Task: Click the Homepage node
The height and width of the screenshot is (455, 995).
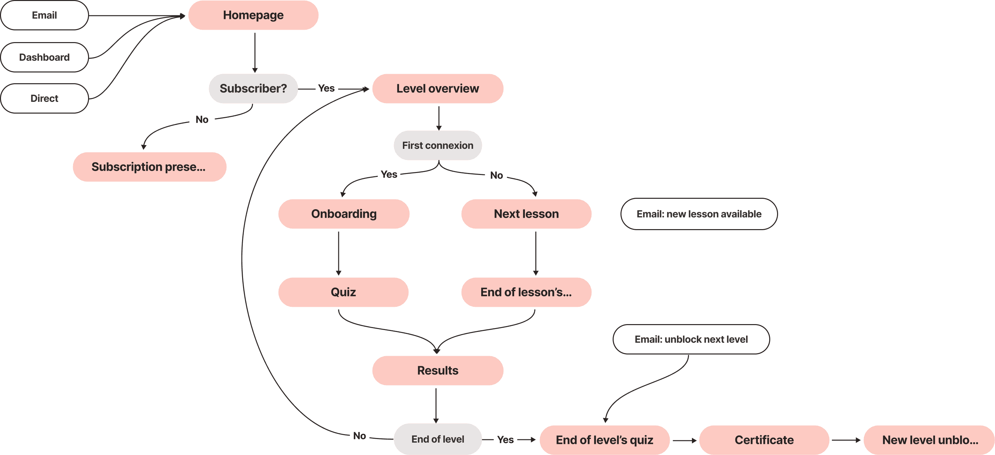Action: (x=253, y=15)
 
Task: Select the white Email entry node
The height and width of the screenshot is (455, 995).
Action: (x=44, y=15)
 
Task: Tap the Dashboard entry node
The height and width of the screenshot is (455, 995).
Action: (x=44, y=57)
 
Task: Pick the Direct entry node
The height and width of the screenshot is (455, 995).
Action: (x=44, y=98)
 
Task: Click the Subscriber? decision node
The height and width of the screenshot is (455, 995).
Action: (x=253, y=88)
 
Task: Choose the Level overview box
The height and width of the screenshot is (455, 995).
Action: (x=437, y=88)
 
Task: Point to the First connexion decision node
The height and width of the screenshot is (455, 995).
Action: (x=437, y=145)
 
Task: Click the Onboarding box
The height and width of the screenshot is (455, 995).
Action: (x=344, y=214)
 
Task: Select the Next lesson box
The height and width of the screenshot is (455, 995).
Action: (x=526, y=214)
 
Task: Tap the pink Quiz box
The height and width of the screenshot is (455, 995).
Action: (x=343, y=292)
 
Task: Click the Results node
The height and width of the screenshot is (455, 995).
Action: (x=437, y=370)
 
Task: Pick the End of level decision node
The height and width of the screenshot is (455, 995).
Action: (x=437, y=439)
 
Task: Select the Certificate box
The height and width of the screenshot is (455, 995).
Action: (x=764, y=440)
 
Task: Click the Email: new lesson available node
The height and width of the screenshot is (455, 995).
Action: (x=699, y=214)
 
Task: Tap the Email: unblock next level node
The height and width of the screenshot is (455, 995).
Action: (x=691, y=339)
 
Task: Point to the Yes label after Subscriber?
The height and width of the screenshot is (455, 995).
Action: (x=326, y=88)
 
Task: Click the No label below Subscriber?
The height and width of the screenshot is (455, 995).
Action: (x=202, y=119)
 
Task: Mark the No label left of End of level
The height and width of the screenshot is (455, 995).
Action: (x=360, y=436)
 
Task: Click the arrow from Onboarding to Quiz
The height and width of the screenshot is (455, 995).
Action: (x=339, y=253)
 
